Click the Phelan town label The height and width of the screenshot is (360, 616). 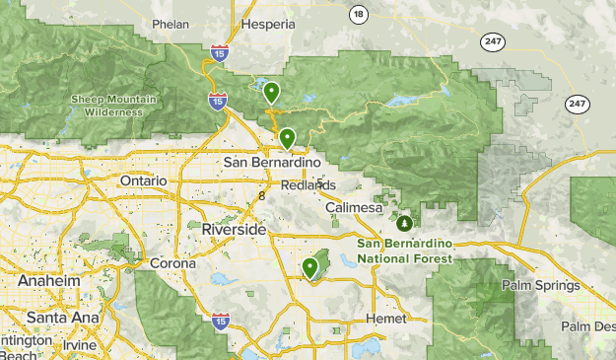click(x=170, y=24)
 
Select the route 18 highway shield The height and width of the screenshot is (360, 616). click(x=357, y=14)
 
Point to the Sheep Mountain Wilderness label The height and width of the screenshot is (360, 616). click(x=106, y=104)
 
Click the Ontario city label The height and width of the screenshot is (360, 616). click(x=143, y=181)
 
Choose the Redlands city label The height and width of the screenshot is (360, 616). click(x=308, y=185)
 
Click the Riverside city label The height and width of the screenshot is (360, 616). click(x=233, y=229)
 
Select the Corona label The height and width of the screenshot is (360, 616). click(x=173, y=264)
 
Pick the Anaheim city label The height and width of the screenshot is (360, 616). click(x=48, y=281)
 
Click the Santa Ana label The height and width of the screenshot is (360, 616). click(x=59, y=318)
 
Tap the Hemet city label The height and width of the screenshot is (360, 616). click(x=384, y=319)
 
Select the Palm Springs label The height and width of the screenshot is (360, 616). click(x=539, y=286)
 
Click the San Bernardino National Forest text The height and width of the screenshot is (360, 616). click(x=404, y=251)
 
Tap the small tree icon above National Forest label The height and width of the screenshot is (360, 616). click(x=404, y=222)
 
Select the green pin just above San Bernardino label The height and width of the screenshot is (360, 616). click(x=287, y=139)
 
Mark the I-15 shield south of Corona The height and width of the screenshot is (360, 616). click(x=221, y=322)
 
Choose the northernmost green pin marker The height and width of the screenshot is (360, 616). click(x=271, y=94)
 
